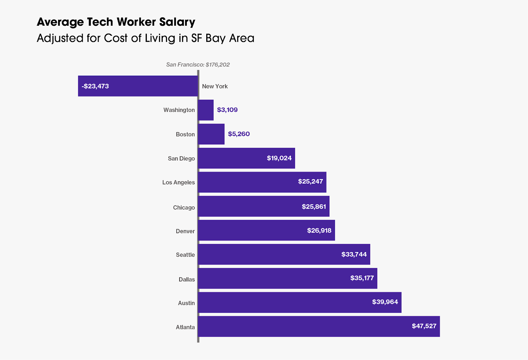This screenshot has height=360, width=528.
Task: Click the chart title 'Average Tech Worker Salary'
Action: click(x=116, y=22)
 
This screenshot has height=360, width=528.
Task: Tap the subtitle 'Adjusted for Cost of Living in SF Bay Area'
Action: click(x=146, y=38)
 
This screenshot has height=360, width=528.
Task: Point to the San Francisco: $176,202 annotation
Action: click(x=198, y=65)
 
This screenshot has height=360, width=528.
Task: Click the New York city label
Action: click(x=215, y=86)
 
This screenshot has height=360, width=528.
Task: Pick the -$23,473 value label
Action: click(x=95, y=86)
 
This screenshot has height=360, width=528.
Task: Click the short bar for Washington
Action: click(x=206, y=110)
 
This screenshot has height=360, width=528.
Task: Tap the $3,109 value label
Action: click(x=227, y=110)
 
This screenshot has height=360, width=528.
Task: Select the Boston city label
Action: click(x=185, y=134)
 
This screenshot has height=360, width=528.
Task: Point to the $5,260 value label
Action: click(x=239, y=134)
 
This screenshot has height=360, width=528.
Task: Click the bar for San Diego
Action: click(x=231, y=158)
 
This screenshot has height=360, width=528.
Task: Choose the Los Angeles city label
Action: click(x=179, y=182)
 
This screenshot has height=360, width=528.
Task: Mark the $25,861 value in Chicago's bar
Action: click(x=314, y=206)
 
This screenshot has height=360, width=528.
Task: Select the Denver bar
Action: click(x=251, y=230)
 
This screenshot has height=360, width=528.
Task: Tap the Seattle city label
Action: click(x=185, y=255)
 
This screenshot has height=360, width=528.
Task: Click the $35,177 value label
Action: click(x=362, y=278)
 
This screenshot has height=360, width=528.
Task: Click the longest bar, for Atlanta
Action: click(x=297, y=326)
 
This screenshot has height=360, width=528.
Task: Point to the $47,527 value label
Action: click(x=424, y=326)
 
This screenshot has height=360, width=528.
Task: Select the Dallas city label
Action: click(x=187, y=279)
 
